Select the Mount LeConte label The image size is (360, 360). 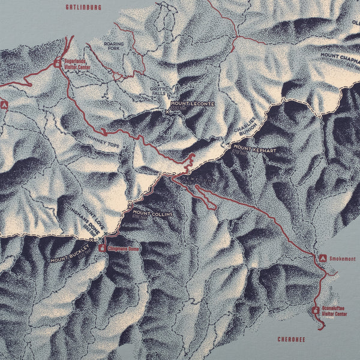pos(192,104)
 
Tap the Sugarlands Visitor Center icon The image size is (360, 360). pos(58,62)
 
